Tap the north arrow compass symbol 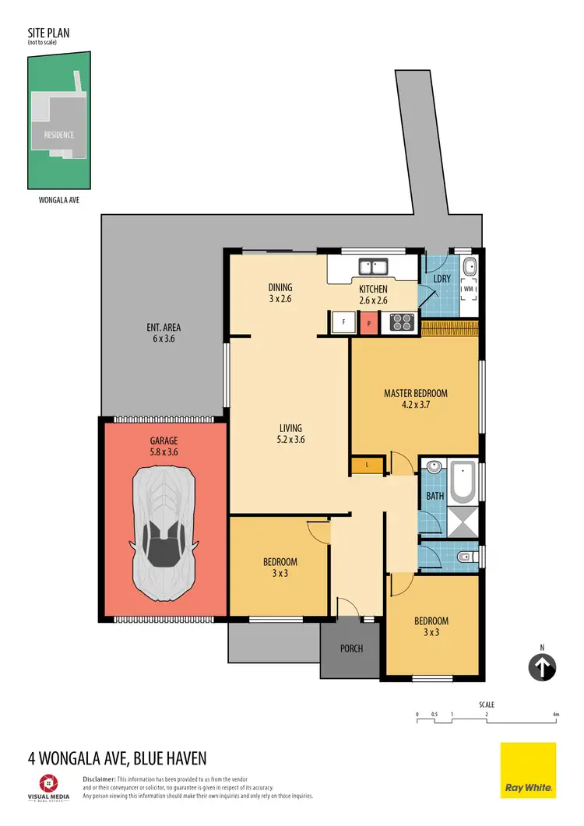[543, 666]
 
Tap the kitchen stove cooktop [400, 322]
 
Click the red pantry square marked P [367, 322]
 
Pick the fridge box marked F [340, 322]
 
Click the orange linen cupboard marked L [368, 466]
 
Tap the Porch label [352, 648]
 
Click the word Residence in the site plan [58, 134]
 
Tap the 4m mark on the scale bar [555, 714]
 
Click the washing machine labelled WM [468, 289]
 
